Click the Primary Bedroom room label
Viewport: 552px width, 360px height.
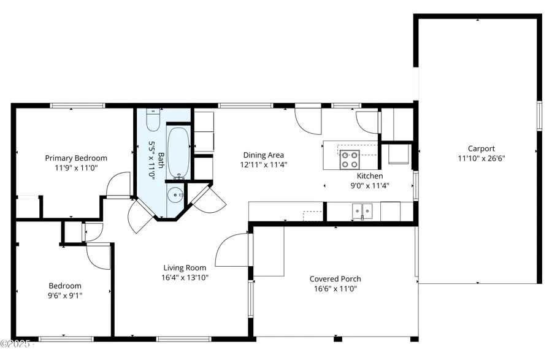[76, 158]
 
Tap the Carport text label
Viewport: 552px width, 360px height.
[481, 148]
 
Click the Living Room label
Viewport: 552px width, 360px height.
[185, 267]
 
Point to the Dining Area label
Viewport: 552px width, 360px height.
[263, 155]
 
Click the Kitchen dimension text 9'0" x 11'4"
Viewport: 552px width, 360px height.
[370, 185]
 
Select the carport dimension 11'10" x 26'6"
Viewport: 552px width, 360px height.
[481, 158]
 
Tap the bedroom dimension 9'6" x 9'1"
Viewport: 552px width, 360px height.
[65, 295]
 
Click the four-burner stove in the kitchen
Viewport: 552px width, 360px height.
[350, 159]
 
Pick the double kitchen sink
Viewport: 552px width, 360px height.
[362, 211]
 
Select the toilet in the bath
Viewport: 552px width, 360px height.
[153, 120]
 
